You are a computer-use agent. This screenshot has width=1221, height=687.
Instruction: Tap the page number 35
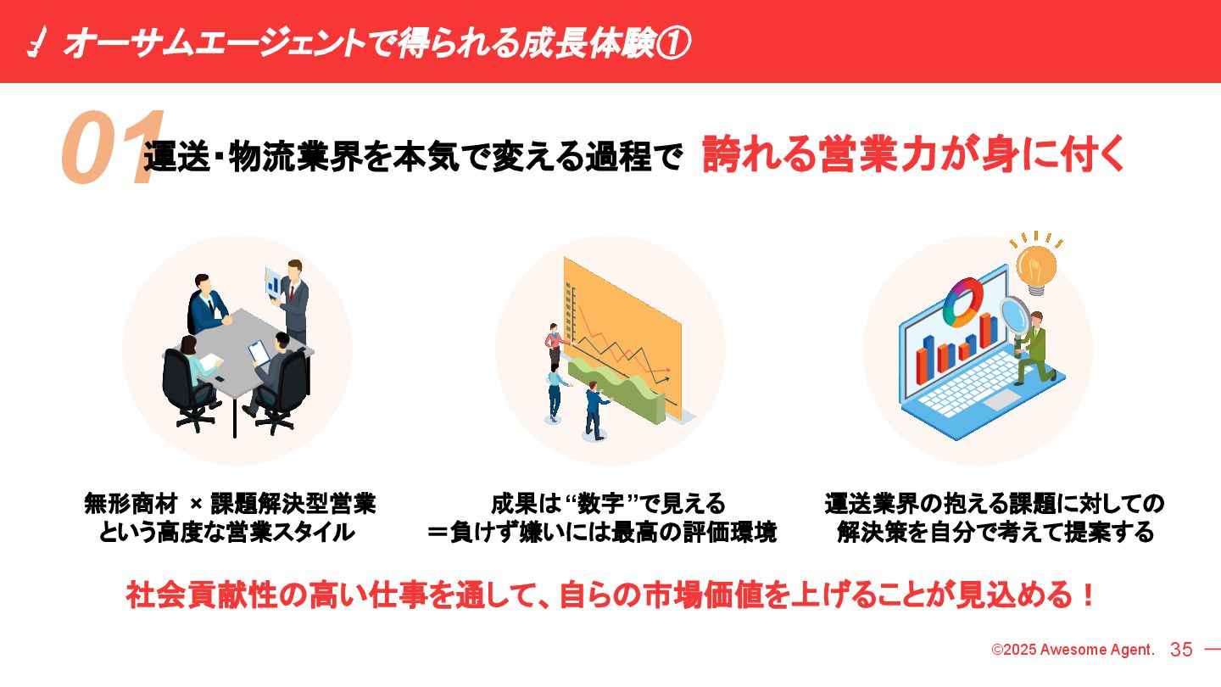[1181, 650]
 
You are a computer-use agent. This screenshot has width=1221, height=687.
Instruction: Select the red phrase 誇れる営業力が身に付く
[913, 154]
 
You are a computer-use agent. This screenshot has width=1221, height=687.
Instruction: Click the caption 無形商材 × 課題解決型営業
[230, 504]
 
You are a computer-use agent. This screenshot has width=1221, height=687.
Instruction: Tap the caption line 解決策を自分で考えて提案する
[995, 533]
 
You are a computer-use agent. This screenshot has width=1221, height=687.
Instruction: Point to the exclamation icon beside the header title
[36, 42]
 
